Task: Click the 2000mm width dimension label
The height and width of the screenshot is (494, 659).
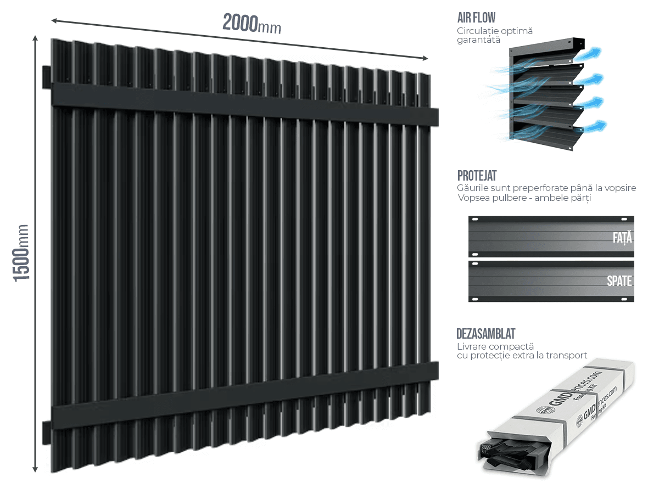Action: pos(252,24)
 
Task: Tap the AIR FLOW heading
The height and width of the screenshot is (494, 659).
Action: pos(476,18)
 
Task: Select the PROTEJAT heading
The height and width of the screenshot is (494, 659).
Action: pos(477,176)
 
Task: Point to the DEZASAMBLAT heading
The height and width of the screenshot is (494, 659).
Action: pos(485,334)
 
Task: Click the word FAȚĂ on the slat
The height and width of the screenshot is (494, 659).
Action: pos(622,238)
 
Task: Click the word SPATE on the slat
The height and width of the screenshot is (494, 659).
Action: pos(619,281)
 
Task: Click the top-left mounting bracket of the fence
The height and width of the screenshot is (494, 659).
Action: pos(46,77)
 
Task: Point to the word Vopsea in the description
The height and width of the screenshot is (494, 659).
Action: pos(472,198)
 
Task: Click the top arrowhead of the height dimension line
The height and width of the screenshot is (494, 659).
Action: pos(35,38)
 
